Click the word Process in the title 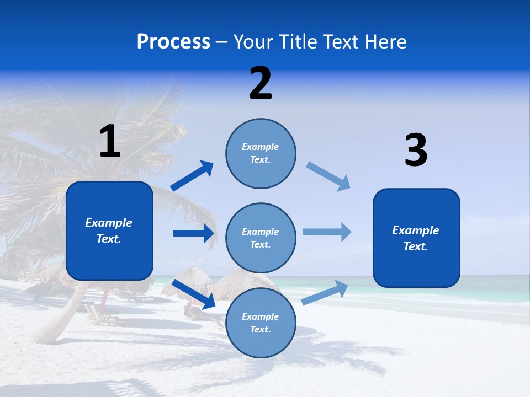173,42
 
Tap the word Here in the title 385,42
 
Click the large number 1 110,142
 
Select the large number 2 261,83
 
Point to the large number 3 416,151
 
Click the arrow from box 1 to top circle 192,176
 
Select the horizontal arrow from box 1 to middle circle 193,233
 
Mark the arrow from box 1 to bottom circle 193,294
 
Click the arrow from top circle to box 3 328,176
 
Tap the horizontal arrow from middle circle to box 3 327,232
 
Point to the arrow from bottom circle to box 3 325,292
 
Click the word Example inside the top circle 260,147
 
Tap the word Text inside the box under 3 415,246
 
